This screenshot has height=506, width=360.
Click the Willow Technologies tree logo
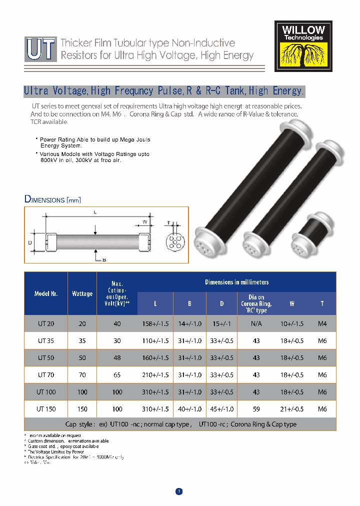click(303, 46)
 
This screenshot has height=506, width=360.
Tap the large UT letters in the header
click(40, 48)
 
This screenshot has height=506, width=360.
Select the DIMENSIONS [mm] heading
click(52, 199)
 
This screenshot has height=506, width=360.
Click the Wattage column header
click(82, 293)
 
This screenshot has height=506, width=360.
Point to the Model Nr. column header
click(46, 293)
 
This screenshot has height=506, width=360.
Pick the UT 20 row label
click(46, 323)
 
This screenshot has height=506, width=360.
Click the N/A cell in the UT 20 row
click(256, 323)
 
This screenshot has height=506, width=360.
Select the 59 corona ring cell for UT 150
click(256, 409)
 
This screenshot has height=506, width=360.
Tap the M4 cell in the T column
click(322, 323)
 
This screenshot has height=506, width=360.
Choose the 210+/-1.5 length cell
click(155, 374)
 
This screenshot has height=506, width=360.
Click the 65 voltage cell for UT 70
click(117, 374)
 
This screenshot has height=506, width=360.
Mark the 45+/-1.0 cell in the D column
click(222, 409)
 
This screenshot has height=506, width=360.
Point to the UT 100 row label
click(46, 392)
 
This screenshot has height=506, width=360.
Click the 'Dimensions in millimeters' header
click(236, 282)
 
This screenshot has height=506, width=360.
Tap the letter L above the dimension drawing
click(95, 212)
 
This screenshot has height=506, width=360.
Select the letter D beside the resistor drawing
click(30, 242)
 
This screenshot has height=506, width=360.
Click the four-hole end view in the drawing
click(174, 242)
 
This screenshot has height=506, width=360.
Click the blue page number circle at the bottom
click(179, 491)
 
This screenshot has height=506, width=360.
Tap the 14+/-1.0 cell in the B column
click(189, 323)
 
